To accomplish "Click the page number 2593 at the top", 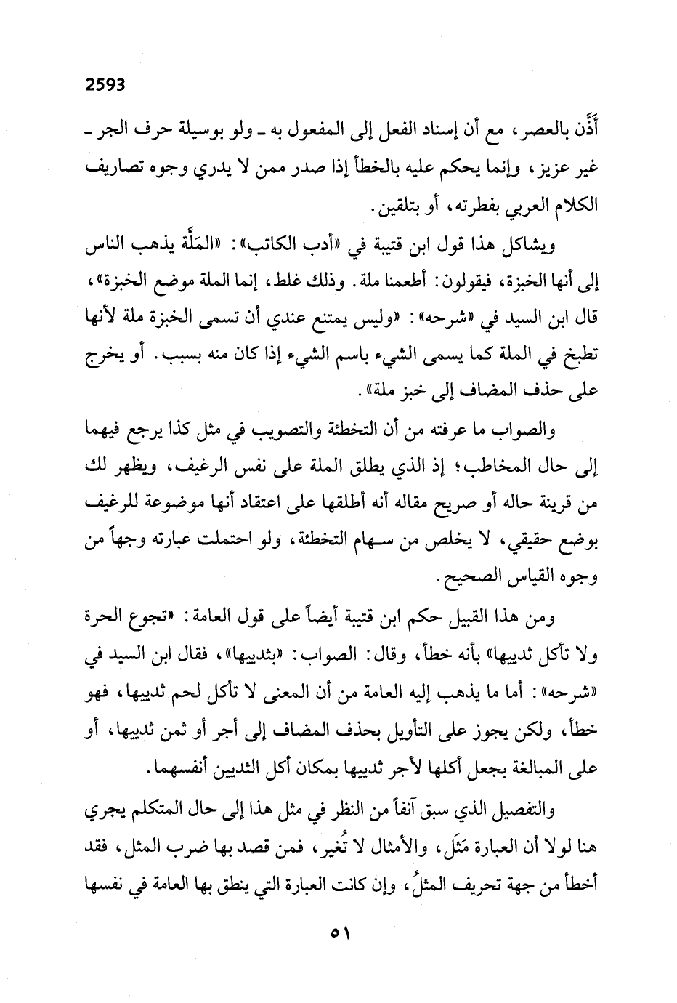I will [x=105, y=84].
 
